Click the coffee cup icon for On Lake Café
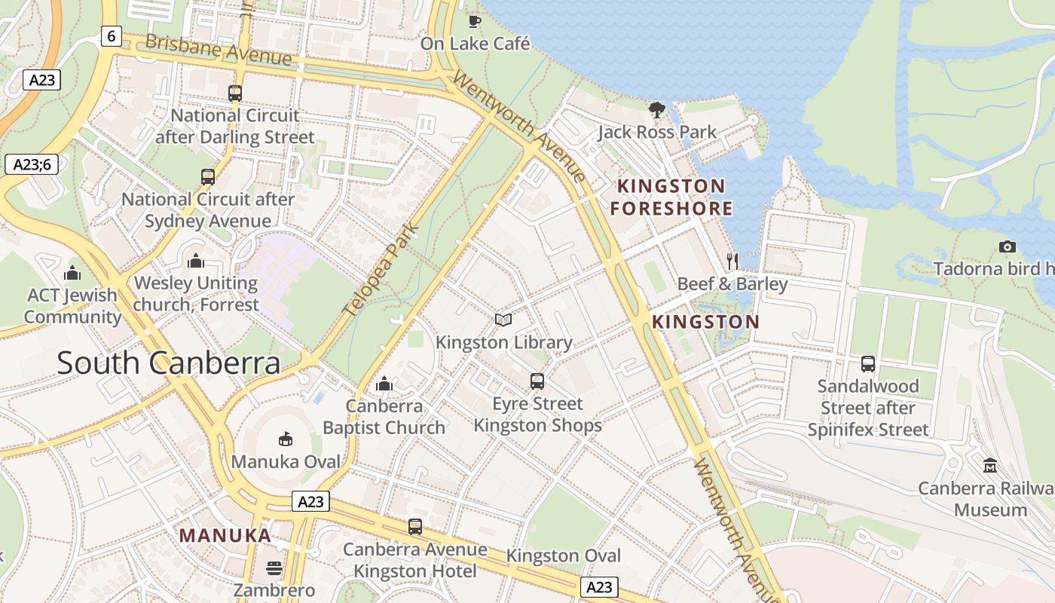474,20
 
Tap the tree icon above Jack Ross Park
657,110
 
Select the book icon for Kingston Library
503,320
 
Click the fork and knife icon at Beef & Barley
732,262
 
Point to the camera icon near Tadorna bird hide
1007,246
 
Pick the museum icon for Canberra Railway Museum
990,465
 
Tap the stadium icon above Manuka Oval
286,439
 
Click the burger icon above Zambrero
274,568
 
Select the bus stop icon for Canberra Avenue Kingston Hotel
415,527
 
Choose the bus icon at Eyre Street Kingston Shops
537,381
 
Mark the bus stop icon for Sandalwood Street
868,364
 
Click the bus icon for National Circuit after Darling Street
235,93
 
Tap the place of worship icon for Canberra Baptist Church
384,384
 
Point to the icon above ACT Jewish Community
72,272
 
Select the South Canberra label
169,363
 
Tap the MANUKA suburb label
225,536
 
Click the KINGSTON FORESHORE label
671,197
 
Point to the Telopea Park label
381,269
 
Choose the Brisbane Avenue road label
218,50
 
